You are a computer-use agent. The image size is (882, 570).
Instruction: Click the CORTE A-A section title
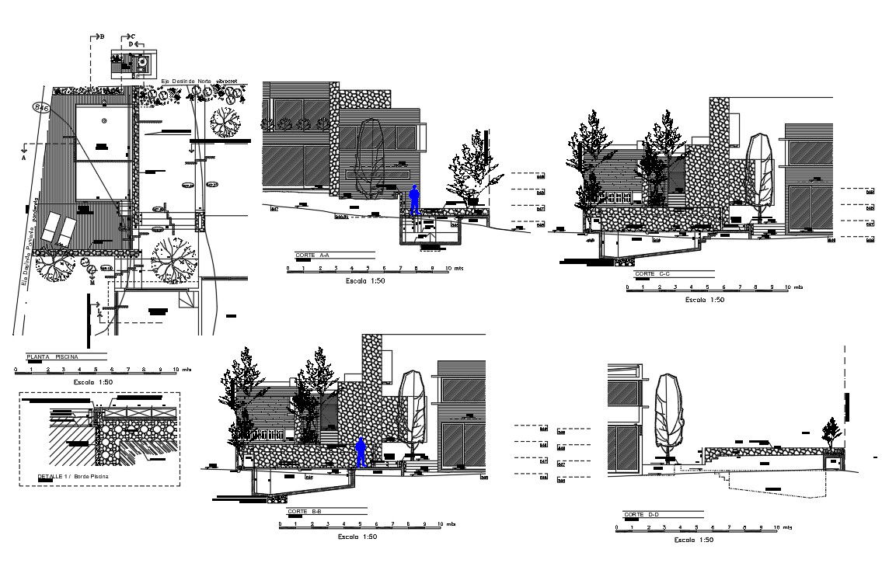pos(312,255)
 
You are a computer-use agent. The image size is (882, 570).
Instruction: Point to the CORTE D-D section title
pos(641,515)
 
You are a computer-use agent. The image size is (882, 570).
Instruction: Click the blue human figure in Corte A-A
pos(415,200)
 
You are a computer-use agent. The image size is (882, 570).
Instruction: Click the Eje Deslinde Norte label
pos(186,81)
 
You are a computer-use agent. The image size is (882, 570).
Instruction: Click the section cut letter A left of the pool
pos(24,157)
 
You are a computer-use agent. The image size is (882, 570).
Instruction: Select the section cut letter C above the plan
pos(132,36)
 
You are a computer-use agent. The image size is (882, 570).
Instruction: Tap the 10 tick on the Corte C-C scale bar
pos(787,287)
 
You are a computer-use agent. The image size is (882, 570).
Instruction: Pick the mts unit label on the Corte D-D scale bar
pos(790,527)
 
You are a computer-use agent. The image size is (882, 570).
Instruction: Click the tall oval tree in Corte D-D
pos(668,413)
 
